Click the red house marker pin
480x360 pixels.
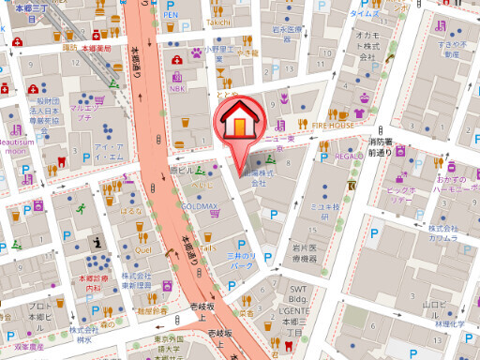pos(239,122)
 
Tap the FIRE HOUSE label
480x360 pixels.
pos(334,124)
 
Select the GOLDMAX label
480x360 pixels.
pos(200,202)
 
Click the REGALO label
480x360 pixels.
pos(349,157)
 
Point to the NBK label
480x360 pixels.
pos(177,89)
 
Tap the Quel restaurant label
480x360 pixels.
pos(142,250)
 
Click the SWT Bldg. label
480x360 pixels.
pos(298,293)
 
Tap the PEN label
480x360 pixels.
pos(170,16)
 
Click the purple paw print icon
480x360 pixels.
pos(197,54)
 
